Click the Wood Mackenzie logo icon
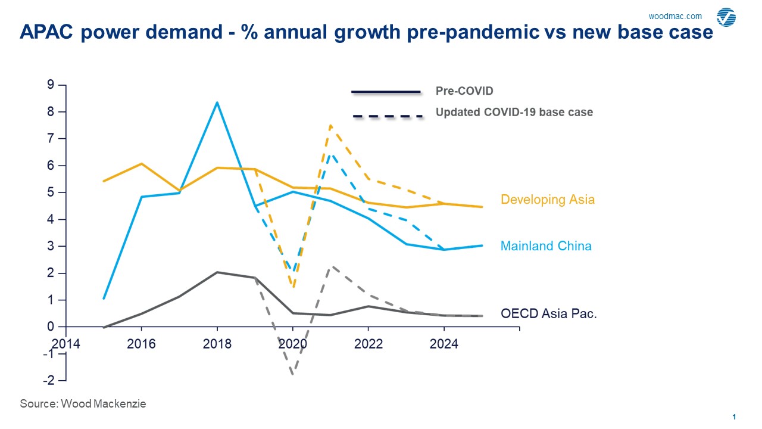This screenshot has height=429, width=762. click(726, 17)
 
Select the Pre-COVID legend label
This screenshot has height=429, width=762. click(464, 91)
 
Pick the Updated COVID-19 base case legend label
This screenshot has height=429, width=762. click(514, 112)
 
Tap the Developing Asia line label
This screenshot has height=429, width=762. click(548, 200)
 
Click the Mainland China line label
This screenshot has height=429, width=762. click(546, 246)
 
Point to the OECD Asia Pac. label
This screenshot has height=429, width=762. click(548, 313)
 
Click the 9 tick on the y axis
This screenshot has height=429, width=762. click(51, 85)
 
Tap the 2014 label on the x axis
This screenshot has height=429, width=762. click(65, 344)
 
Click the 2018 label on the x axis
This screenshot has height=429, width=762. click(217, 344)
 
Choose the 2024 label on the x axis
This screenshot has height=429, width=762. click(444, 344)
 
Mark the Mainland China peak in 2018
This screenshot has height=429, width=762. click(217, 102)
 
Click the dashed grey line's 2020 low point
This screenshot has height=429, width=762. click(293, 374)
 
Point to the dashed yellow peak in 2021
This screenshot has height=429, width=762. click(330, 126)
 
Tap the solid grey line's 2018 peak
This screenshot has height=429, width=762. click(217, 272)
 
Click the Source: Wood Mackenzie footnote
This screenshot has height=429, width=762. click(83, 404)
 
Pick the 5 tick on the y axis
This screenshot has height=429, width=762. click(51, 192)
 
